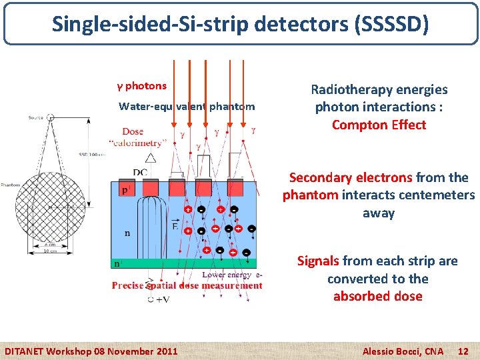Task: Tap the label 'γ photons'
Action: coord(142,86)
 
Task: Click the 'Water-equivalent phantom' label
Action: coord(187,107)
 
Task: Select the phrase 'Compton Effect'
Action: coord(379,125)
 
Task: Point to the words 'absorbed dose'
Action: coord(378,296)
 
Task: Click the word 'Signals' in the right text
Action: coord(319,261)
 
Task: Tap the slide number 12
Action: coord(465,351)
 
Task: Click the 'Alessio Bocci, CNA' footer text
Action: coord(402,351)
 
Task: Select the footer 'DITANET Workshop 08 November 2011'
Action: coord(91,351)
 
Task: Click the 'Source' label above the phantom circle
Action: coord(37,117)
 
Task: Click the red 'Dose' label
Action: coord(133,131)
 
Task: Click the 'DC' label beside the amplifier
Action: coord(139,173)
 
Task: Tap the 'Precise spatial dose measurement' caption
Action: coord(187,285)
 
